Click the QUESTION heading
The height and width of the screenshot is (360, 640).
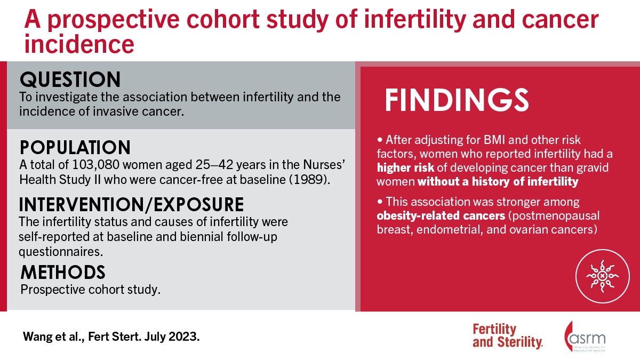tap(70, 80)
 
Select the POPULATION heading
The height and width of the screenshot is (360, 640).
tap(75, 148)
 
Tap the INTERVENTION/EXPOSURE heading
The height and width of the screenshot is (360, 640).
tap(132, 204)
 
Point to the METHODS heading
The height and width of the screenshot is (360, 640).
tap(63, 272)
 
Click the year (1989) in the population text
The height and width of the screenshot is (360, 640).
tap(315, 179)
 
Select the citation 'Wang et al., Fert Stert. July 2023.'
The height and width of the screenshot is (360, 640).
tap(111, 338)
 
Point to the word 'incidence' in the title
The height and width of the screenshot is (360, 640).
tap(79, 44)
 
